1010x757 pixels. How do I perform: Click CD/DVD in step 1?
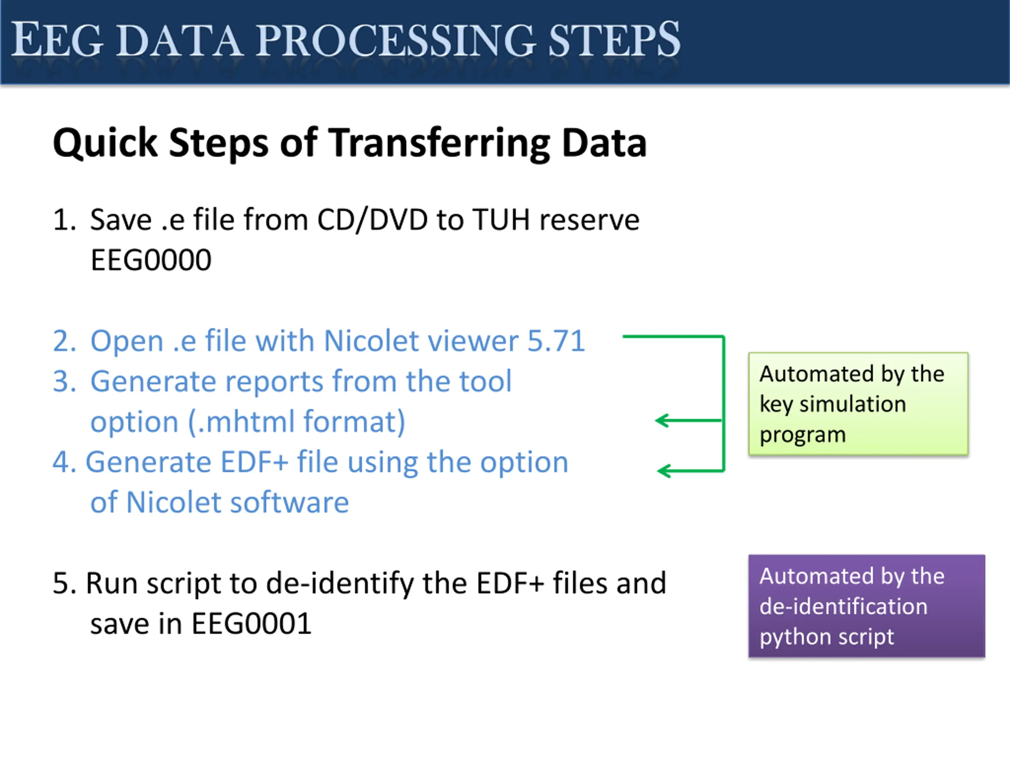tap(372, 220)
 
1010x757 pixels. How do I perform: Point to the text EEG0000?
tap(151, 260)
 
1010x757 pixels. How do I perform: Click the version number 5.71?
tap(556, 341)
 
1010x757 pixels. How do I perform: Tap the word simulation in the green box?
tap(853, 404)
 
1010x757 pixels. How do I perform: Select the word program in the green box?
tap(802, 434)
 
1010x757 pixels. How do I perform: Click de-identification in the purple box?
tap(844, 606)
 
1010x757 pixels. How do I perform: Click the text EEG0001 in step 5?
tap(251, 624)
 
